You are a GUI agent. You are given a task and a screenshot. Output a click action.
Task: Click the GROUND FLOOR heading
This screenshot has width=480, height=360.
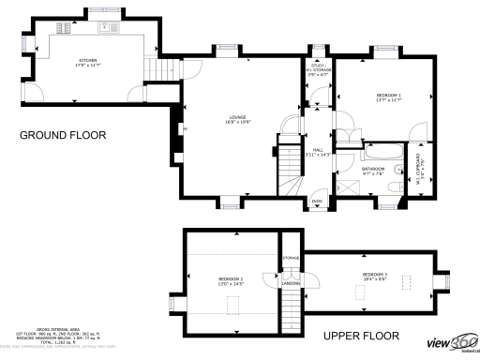[x=63, y=135]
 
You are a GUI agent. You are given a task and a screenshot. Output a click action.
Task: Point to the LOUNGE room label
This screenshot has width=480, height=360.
[x=237, y=118]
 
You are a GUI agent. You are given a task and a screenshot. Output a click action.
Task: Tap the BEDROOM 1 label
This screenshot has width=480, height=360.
[x=388, y=97]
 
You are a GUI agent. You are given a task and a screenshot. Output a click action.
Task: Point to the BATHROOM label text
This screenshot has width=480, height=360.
[x=372, y=171]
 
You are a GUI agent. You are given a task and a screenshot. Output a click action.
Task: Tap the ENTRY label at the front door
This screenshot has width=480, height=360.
[x=317, y=200]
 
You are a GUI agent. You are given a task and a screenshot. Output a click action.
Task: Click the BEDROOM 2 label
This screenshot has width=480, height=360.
[x=231, y=280]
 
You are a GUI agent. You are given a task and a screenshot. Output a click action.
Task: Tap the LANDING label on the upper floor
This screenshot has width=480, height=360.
[x=292, y=283]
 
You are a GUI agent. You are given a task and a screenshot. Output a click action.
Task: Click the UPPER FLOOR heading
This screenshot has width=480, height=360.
[x=361, y=335]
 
